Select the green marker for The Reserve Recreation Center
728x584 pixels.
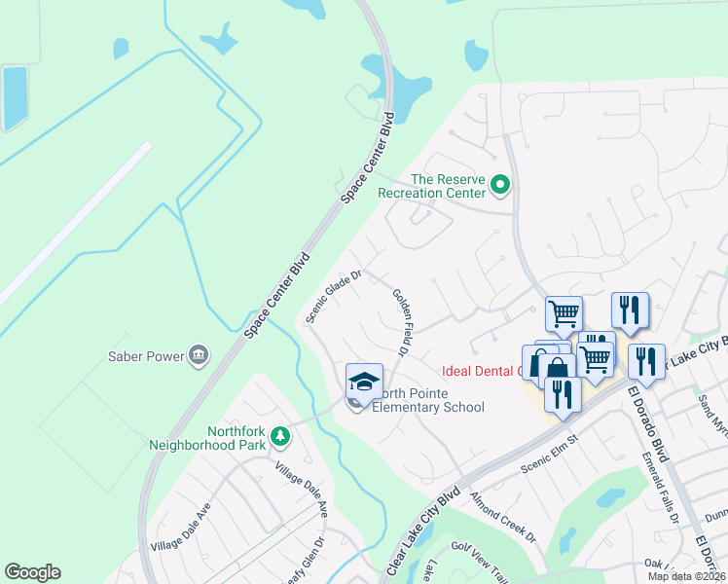click(x=500, y=183)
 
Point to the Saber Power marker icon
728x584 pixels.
click(x=200, y=354)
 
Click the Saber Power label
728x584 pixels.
click(x=146, y=356)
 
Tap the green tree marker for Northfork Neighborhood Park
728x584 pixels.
click(x=280, y=436)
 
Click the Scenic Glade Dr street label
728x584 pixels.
click(x=334, y=296)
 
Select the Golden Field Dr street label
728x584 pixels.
click(x=399, y=320)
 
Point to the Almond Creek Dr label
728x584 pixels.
click(x=503, y=517)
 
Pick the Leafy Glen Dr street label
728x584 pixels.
click(x=311, y=562)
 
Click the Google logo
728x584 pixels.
click(x=32, y=572)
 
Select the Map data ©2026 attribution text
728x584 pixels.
click(x=686, y=576)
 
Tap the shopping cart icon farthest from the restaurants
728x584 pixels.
click(x=564, y=314)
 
